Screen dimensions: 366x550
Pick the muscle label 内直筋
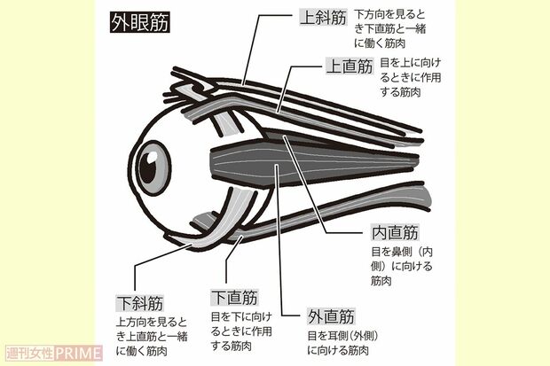393,233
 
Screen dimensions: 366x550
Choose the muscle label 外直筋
331,316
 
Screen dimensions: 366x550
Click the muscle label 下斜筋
140,303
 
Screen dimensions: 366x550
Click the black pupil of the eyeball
153,164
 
